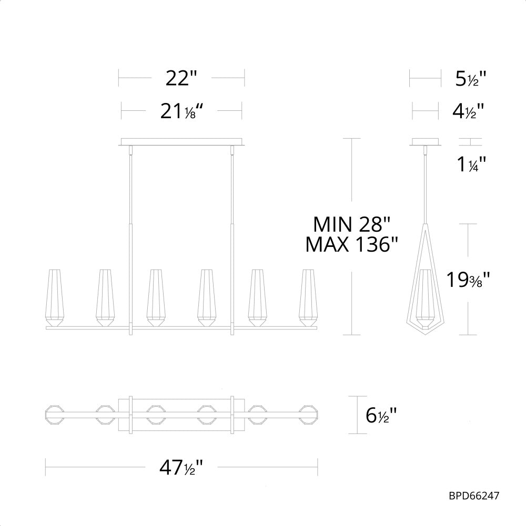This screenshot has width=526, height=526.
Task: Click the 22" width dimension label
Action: [x=181, y=79]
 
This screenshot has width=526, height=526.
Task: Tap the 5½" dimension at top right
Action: [x=470, y=79]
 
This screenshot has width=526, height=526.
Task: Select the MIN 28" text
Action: [x=351, y=224]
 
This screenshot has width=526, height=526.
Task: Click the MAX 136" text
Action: [x=351, y=244]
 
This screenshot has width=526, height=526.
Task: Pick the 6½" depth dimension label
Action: [x=381, y=416]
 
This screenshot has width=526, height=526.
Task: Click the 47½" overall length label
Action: [x=181, y=467]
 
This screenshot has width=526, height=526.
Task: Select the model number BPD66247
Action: [x=473, y=495]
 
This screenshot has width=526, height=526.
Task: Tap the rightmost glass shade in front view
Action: [x=309, y=297]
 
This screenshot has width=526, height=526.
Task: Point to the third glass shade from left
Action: [x=156, y=297]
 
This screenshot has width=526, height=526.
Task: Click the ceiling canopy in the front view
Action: [x=181, y=142]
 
